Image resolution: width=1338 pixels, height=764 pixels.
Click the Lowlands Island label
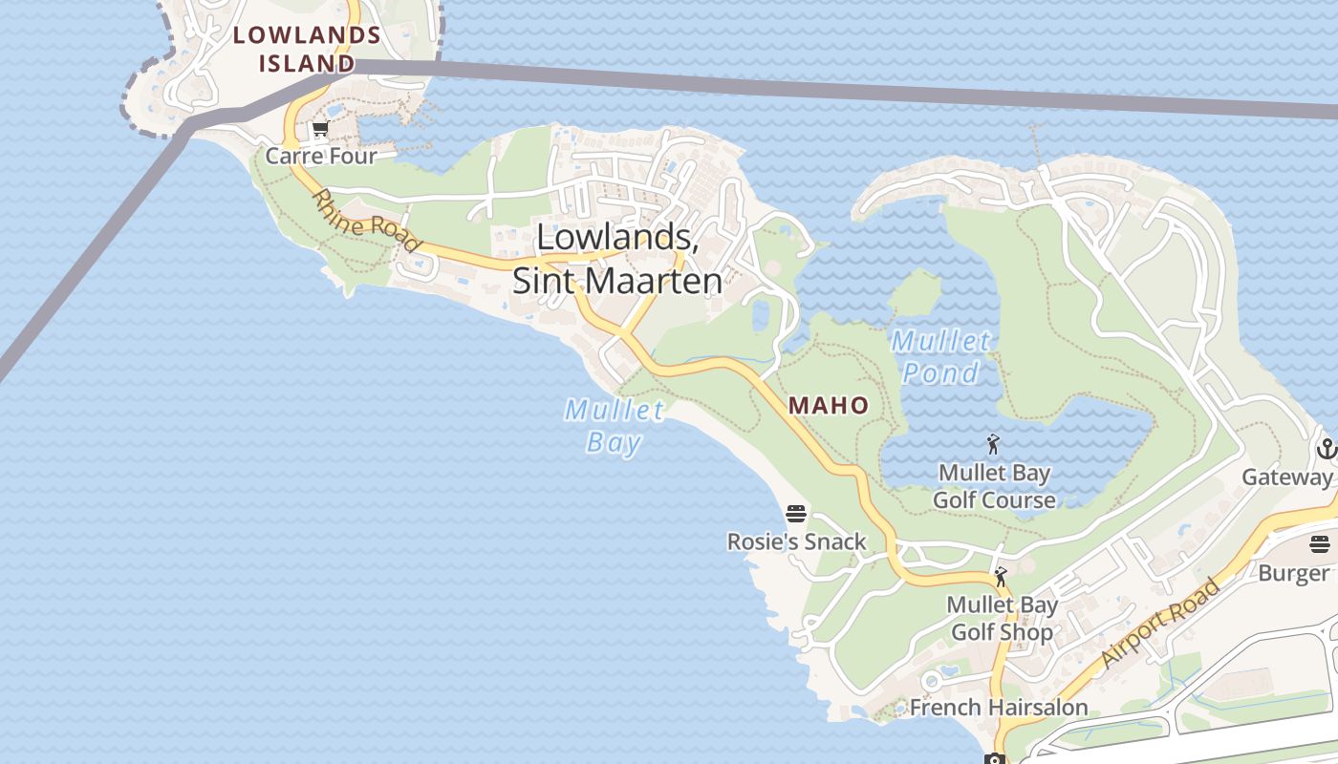[x=307, y=50]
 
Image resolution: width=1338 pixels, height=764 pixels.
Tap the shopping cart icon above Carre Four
[x=320, y=129]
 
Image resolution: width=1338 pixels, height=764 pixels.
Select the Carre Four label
[x=321, y=156]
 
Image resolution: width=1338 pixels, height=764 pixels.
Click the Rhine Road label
[x=367, y=221]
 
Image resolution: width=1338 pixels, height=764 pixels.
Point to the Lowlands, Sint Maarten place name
[x=616, y=259]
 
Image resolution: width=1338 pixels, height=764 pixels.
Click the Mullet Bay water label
[x=614, y=426]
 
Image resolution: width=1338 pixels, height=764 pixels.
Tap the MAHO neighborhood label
[x=829, y=406]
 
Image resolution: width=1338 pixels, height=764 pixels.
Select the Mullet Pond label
[x=941, y=356]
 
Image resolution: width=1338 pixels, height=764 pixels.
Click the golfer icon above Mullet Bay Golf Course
[x=994, y=444]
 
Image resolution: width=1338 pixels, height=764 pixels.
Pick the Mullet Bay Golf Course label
[x=994, y=486]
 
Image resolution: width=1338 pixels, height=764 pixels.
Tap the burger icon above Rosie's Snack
[x=796, y=514]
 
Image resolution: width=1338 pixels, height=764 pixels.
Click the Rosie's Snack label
[x=796, y=541]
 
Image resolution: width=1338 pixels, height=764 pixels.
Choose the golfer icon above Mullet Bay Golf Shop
[x=1001, y=577]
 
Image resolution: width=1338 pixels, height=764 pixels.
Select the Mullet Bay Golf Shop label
[x=1002, y=618]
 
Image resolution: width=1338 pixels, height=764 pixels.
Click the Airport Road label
[x=1160, y=623]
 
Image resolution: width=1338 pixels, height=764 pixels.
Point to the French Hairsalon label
[x=998, y=708]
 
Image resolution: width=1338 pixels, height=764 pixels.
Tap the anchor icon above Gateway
[x=1326, y=448]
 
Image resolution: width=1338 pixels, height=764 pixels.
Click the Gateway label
[x=1286, y=477]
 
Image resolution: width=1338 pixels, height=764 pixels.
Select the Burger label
[x=1293, y=573]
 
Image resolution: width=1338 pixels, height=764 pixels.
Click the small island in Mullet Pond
[x=915, y=292]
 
